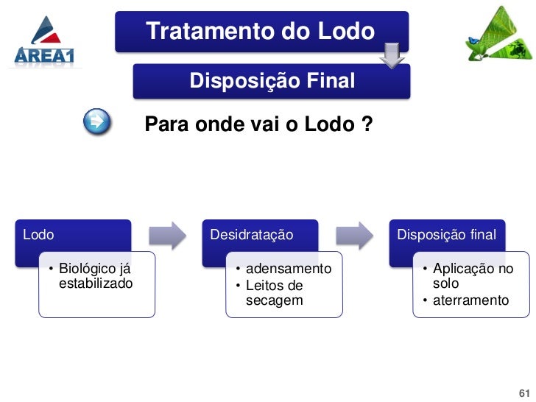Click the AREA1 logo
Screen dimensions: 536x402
[x=45, y=43]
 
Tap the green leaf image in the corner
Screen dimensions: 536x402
[x=498, y=35]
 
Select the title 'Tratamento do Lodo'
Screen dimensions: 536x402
[x=260, y=32]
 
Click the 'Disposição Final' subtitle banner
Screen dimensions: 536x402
[x=272, y=80]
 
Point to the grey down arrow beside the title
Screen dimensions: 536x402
[x=392, y=55]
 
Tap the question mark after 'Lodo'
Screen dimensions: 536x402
[x=366, y=125]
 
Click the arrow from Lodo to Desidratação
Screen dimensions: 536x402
[x=167, y=235]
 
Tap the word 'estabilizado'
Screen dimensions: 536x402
[x=96, y=283]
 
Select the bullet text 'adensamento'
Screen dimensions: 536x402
[x=289, y=269]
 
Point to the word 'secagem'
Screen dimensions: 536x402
[x=274, y=300]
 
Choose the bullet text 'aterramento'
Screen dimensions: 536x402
[x=471, y=300]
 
